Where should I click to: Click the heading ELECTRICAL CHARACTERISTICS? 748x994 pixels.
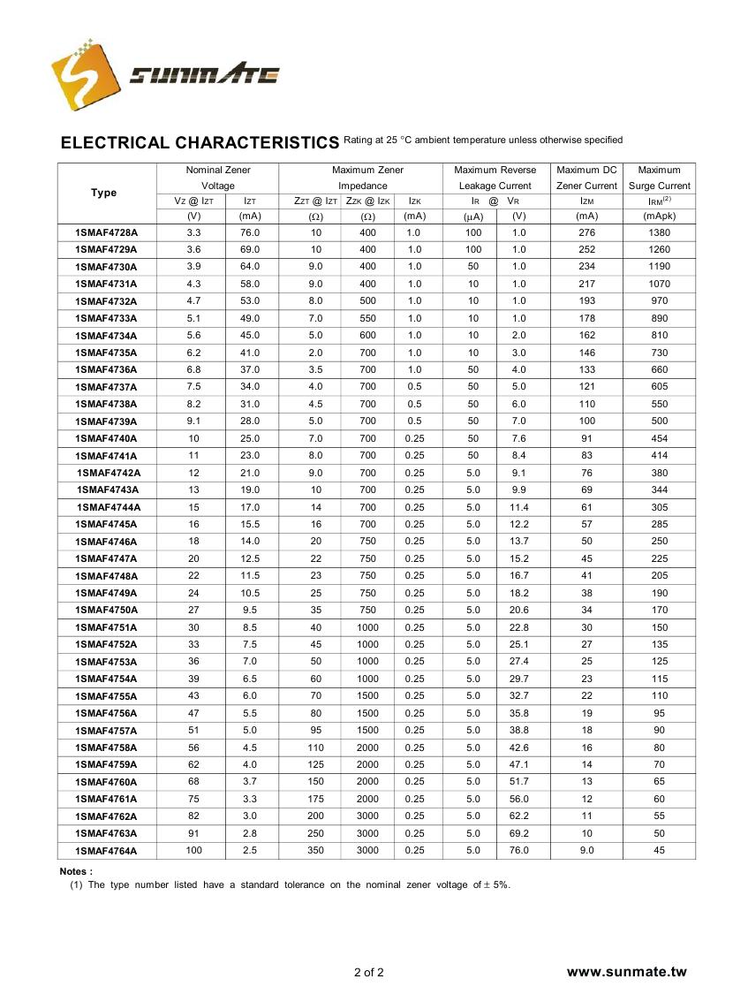(x=200, y=143)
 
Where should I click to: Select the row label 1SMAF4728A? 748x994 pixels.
(x=107, y=232)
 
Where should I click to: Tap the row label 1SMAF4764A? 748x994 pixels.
(x=107, y=851)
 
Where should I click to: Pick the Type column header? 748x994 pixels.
(x=104, y=193)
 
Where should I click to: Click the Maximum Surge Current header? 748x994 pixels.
(x=659, y=178)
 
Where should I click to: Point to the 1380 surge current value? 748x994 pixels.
(x=659, y=232)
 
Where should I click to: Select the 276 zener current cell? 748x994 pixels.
(x=586, y=232)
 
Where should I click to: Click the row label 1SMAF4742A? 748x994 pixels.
(x=109, y=473)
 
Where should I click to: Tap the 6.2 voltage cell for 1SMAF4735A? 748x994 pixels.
(x=194, y=353)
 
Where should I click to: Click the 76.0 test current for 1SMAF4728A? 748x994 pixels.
(x=250, y=232)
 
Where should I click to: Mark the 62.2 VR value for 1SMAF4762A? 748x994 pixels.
(x=519, y=816)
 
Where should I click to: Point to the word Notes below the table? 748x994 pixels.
(x=75, y=871)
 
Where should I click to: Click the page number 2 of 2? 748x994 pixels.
(x=369, y=973)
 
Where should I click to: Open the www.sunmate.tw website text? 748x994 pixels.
(x=626, y=972)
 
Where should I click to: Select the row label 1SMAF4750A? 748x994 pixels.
(x=107, y=610)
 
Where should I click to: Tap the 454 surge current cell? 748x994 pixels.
(x=659, y=438)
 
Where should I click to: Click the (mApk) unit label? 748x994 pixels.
(x=659, y=216)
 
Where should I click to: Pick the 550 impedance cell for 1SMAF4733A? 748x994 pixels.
(x=367, y=318)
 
